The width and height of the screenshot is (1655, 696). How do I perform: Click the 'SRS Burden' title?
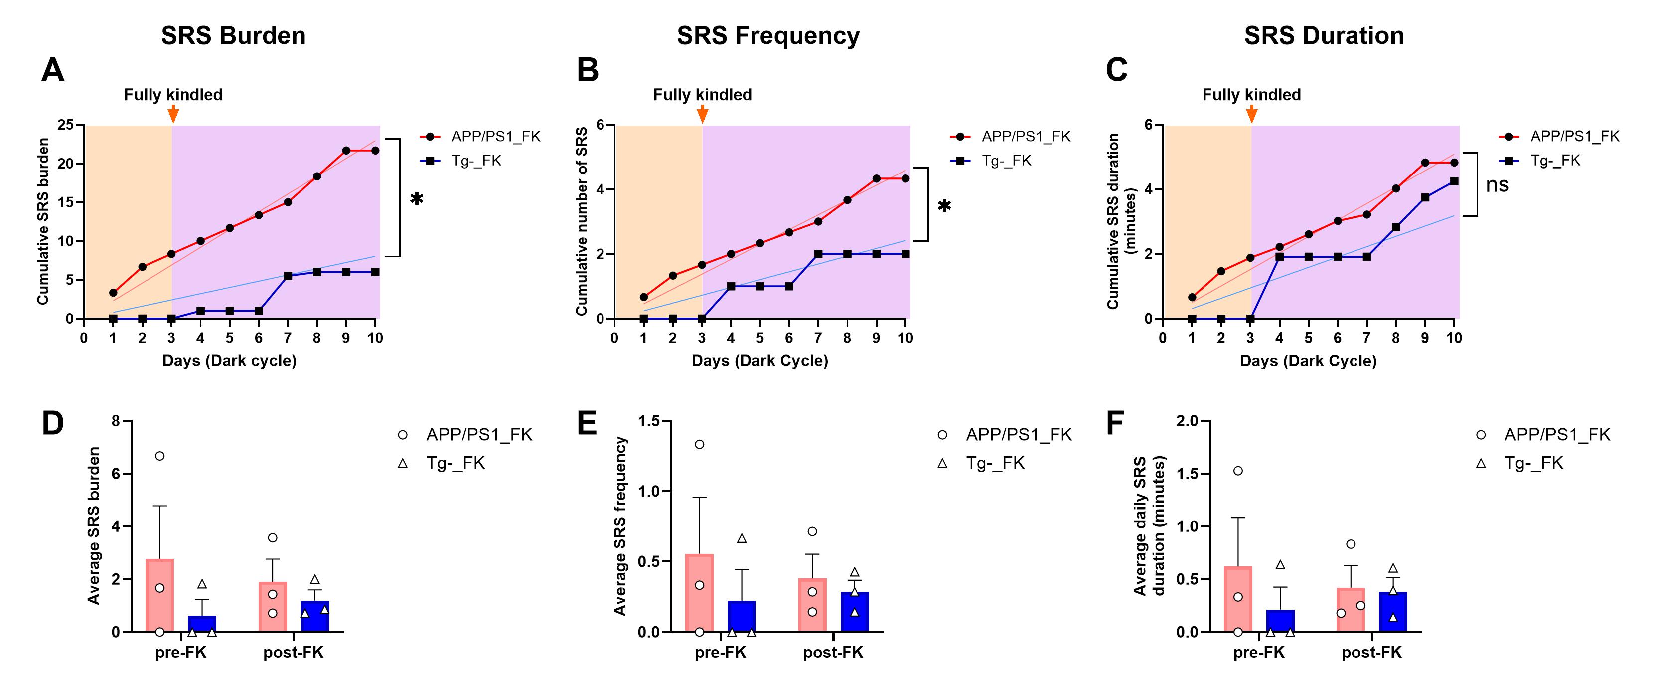(233, 35)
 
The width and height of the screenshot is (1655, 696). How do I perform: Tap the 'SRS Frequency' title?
(768, 35)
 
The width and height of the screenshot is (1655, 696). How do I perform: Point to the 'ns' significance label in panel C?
(1497, 185)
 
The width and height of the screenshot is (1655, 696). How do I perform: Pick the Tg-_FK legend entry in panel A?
(475, 161)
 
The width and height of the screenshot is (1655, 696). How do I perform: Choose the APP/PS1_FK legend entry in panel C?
(1575, 136)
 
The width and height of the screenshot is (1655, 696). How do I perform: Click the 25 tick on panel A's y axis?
(66, 125)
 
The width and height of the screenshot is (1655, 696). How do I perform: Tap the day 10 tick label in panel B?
(905, 338)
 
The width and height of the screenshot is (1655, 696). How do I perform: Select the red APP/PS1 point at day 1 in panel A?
(113, 293)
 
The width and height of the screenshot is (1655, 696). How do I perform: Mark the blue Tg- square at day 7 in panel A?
(288, 276)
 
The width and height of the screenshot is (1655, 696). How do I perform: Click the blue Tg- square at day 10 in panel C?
(1454, 181)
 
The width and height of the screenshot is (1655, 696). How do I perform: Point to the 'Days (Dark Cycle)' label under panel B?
(759, 361)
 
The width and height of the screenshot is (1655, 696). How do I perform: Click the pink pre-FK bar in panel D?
(159, 596)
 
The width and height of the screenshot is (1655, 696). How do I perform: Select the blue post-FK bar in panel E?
(855, 612)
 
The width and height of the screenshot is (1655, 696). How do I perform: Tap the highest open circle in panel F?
(1238, 471)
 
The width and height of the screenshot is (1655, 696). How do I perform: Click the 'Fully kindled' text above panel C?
(1251, 95)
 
